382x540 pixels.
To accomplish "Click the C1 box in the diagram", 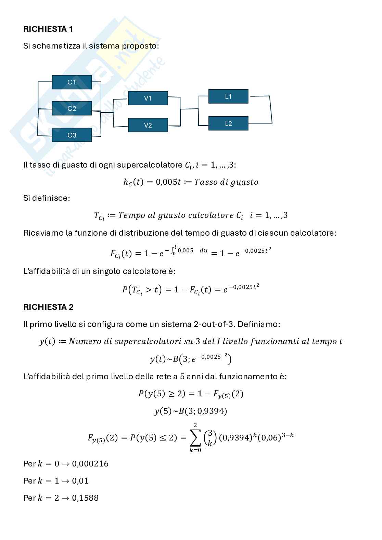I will pos(72,82).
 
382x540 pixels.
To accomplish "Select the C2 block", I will pos(72,108).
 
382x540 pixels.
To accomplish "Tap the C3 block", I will pos(72,135).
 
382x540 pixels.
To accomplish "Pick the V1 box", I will pos(148,98).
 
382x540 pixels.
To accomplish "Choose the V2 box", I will pos(148,125).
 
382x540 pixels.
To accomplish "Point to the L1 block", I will pos(228,96).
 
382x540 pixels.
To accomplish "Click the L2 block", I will pos(228,123).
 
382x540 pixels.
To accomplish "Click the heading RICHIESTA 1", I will pos(48,29).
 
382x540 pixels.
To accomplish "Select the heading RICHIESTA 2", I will pos(48,307).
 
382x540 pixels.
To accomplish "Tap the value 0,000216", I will pos(90,464).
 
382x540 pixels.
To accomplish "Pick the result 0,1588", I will pos(85,498).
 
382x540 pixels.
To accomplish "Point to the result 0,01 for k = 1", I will pos(80,481).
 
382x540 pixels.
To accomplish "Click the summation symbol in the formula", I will pos(195,437).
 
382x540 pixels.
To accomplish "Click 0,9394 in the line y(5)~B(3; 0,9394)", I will pos(212,411).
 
